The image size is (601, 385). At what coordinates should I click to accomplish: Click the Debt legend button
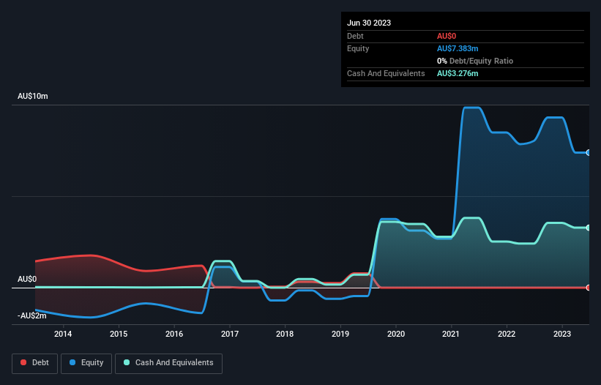tap(34, 363)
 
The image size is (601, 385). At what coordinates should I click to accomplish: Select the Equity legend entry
tap(86, 363)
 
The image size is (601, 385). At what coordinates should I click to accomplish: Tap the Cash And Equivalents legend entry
tap(168, 363)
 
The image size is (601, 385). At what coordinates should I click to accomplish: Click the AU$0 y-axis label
tap(27, 280)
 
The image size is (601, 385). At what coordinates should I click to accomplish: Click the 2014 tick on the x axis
tap(63, 334)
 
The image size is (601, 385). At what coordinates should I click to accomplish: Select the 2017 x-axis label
tap(230, 334)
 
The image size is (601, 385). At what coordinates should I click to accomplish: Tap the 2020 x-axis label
tap(395, 334)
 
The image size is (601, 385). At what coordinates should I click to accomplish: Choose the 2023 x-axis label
tap(561, 334)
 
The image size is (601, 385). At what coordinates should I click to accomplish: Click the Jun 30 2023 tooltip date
tap(369, 23)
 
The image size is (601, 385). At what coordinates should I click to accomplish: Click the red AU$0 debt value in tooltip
tap(448, 36)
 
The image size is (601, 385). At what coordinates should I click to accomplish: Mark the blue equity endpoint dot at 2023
tap(589, 152)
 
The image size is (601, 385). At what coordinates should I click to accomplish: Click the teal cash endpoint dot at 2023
tap(589, 228)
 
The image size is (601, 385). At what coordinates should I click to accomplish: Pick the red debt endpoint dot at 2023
tap(589, 288)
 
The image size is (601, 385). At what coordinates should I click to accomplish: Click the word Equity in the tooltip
tap(358, 48)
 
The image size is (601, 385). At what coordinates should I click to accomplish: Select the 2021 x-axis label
tap(451, 334)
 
